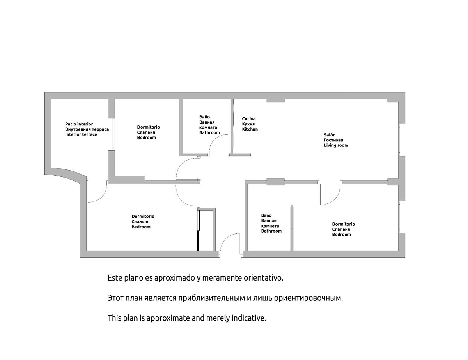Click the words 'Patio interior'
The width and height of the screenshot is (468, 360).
79,124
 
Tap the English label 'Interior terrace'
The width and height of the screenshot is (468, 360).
81,134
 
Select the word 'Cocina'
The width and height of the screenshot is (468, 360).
249,118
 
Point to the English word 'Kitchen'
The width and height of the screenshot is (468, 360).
250,129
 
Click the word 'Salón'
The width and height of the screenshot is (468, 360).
329,135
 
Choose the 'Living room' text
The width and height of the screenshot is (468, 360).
336,145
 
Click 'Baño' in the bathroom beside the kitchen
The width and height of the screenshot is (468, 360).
204,117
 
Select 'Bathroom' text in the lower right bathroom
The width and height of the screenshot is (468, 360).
271,231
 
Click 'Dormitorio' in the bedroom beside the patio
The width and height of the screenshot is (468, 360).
148,127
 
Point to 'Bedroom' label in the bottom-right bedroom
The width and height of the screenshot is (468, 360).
341,235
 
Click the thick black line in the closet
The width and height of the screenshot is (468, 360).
199,230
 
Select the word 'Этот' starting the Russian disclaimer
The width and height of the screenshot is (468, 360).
116,298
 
